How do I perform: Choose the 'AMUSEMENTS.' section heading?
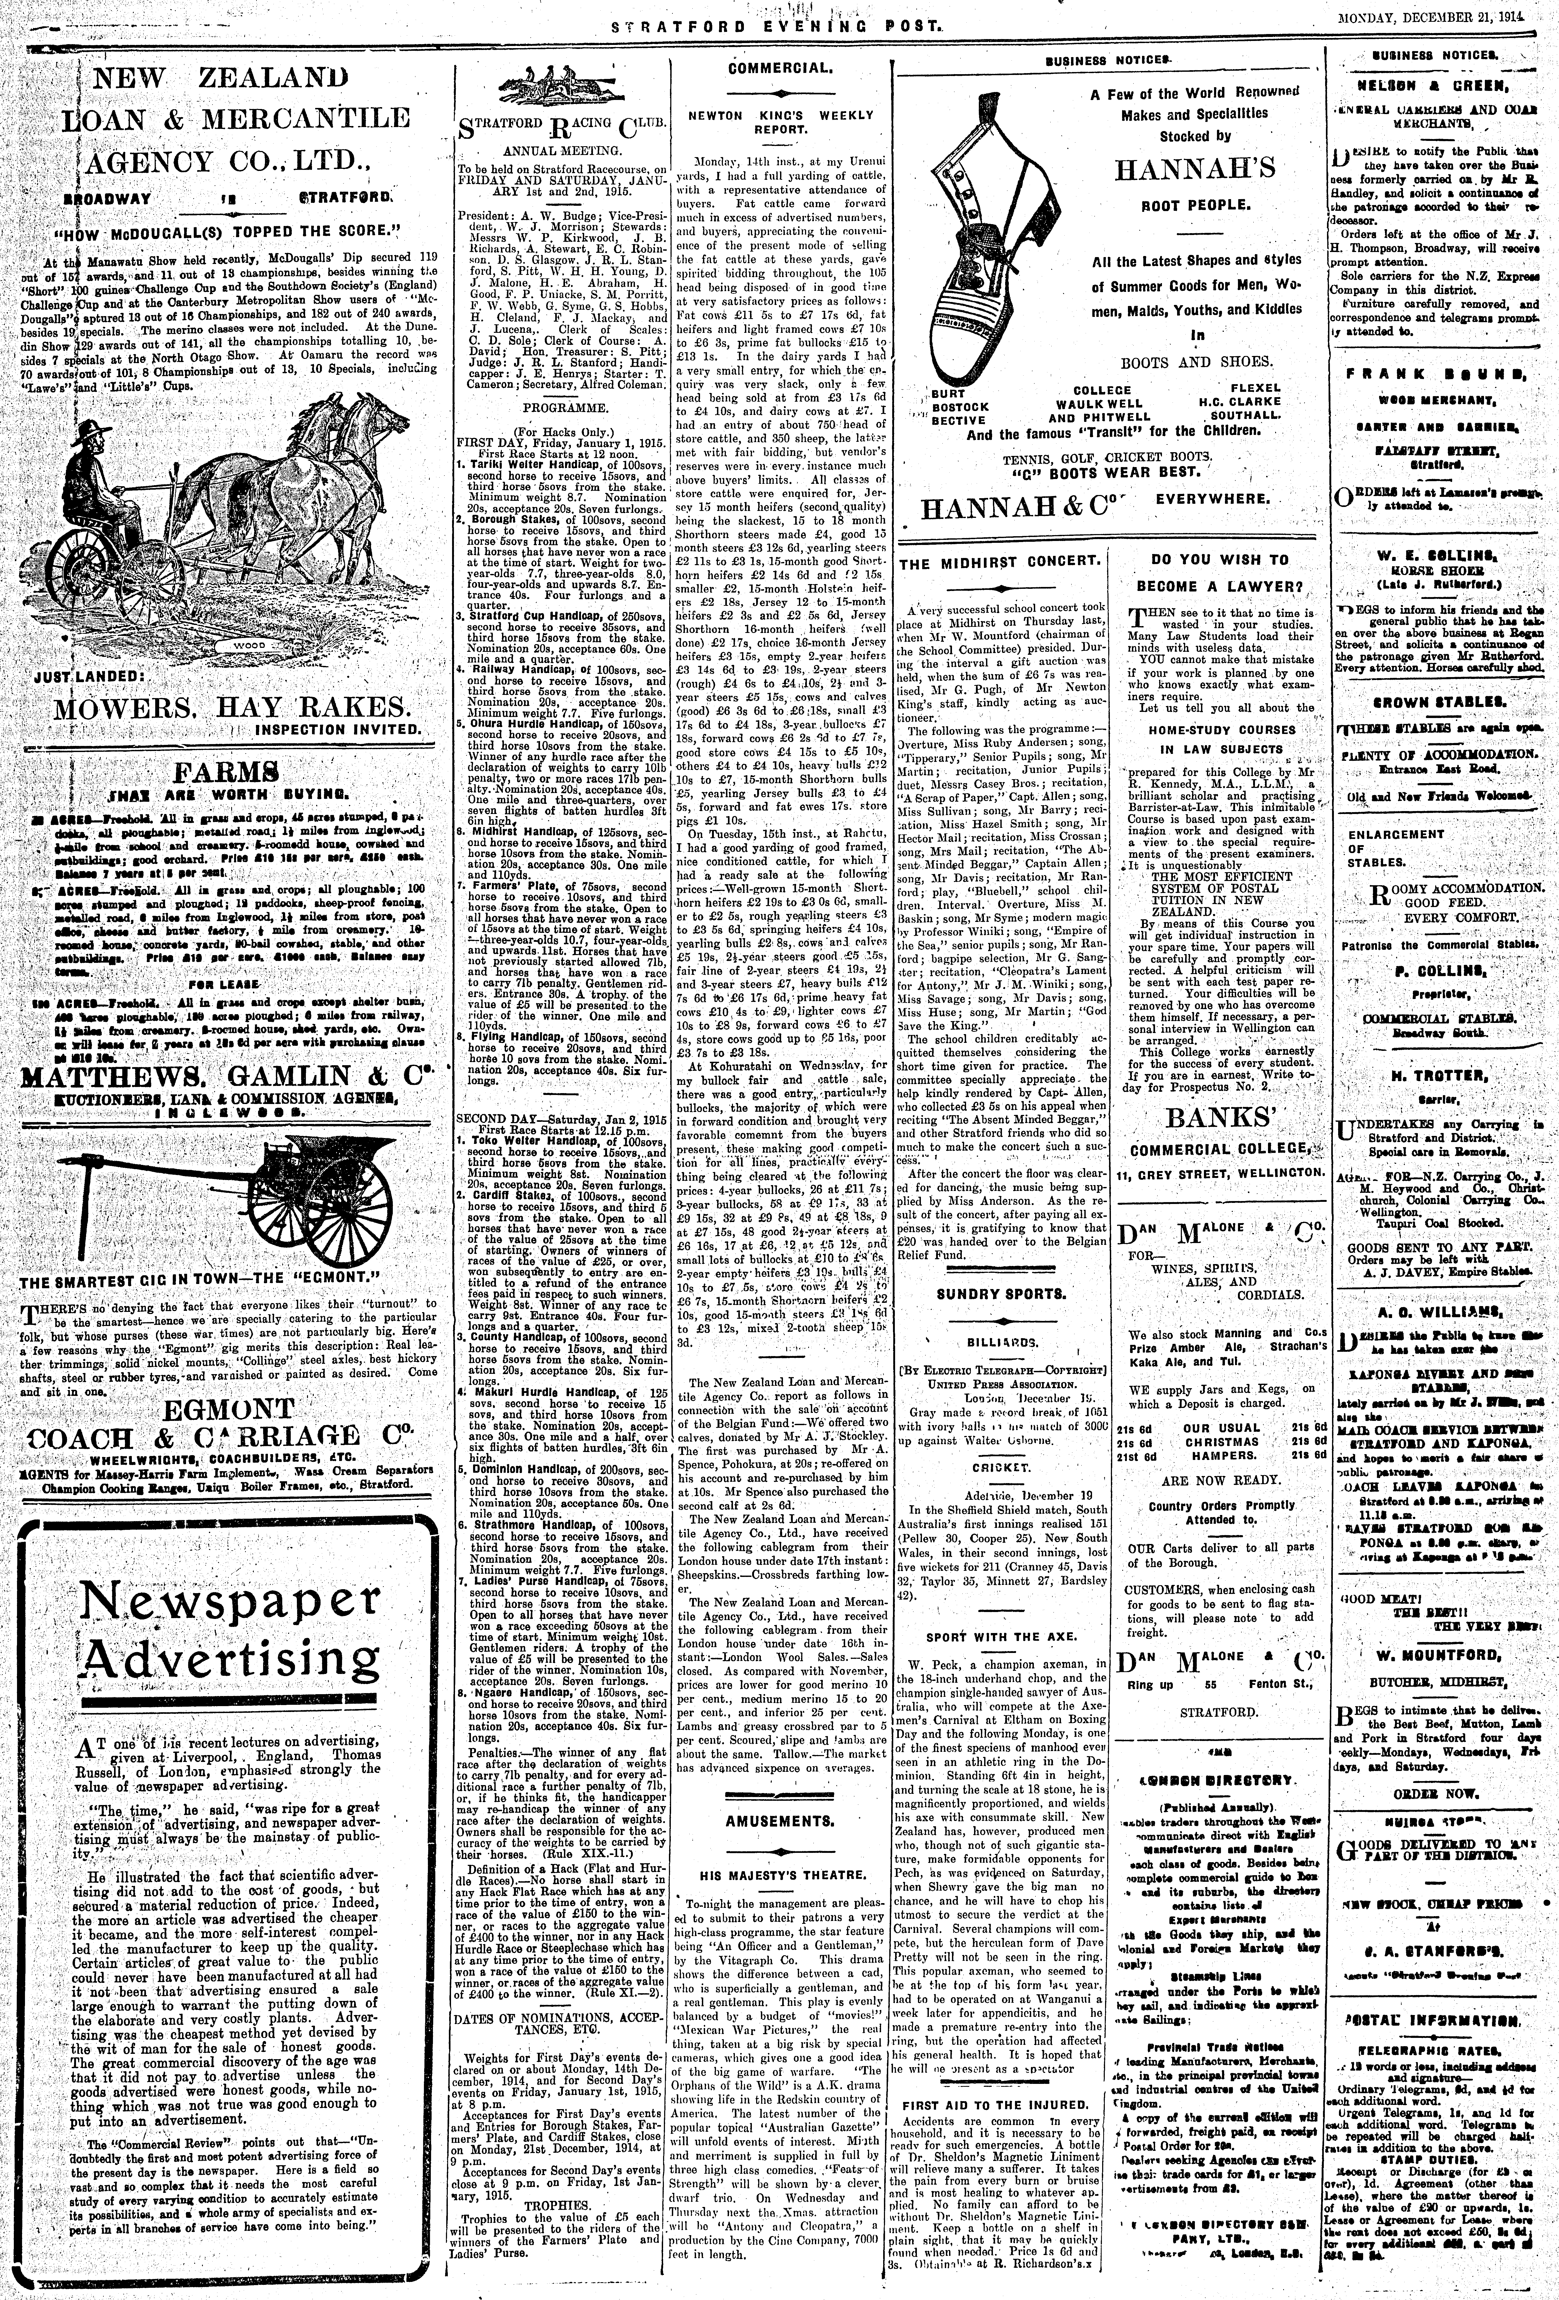(779, 1820)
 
